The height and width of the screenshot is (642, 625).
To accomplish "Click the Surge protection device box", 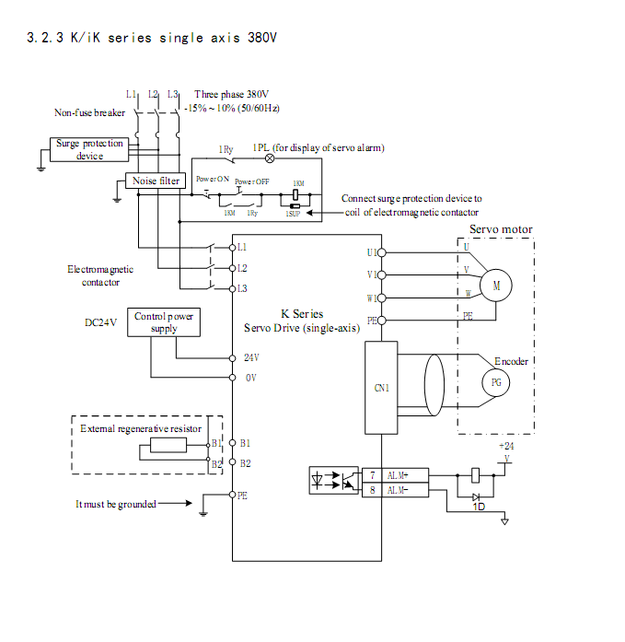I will click(89, 149).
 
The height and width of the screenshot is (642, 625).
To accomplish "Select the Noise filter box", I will click(156, 181).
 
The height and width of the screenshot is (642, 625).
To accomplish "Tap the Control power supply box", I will click(164, 322).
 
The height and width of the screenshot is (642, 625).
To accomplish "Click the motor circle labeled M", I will click(496, 286).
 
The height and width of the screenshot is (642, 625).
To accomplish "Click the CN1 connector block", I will click(381, 388).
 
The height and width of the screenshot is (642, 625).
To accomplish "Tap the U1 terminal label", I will click(371, 251).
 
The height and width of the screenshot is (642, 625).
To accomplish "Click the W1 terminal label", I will click(371, 298).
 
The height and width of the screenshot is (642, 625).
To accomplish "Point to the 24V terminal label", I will click(251, 356).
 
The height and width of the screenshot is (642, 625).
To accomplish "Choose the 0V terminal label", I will click(250, 378).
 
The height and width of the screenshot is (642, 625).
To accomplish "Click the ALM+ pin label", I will click(398, 474).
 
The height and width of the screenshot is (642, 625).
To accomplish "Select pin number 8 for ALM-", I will click(372, 490).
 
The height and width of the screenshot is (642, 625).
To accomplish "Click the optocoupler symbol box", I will click(335, 482).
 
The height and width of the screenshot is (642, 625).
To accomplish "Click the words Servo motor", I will click(501, 229).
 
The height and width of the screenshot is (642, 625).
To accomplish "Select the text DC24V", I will click(100, 322).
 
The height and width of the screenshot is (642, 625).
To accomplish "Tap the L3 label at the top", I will click(172, 94).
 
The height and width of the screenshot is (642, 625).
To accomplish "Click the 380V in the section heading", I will click(262, 38).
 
